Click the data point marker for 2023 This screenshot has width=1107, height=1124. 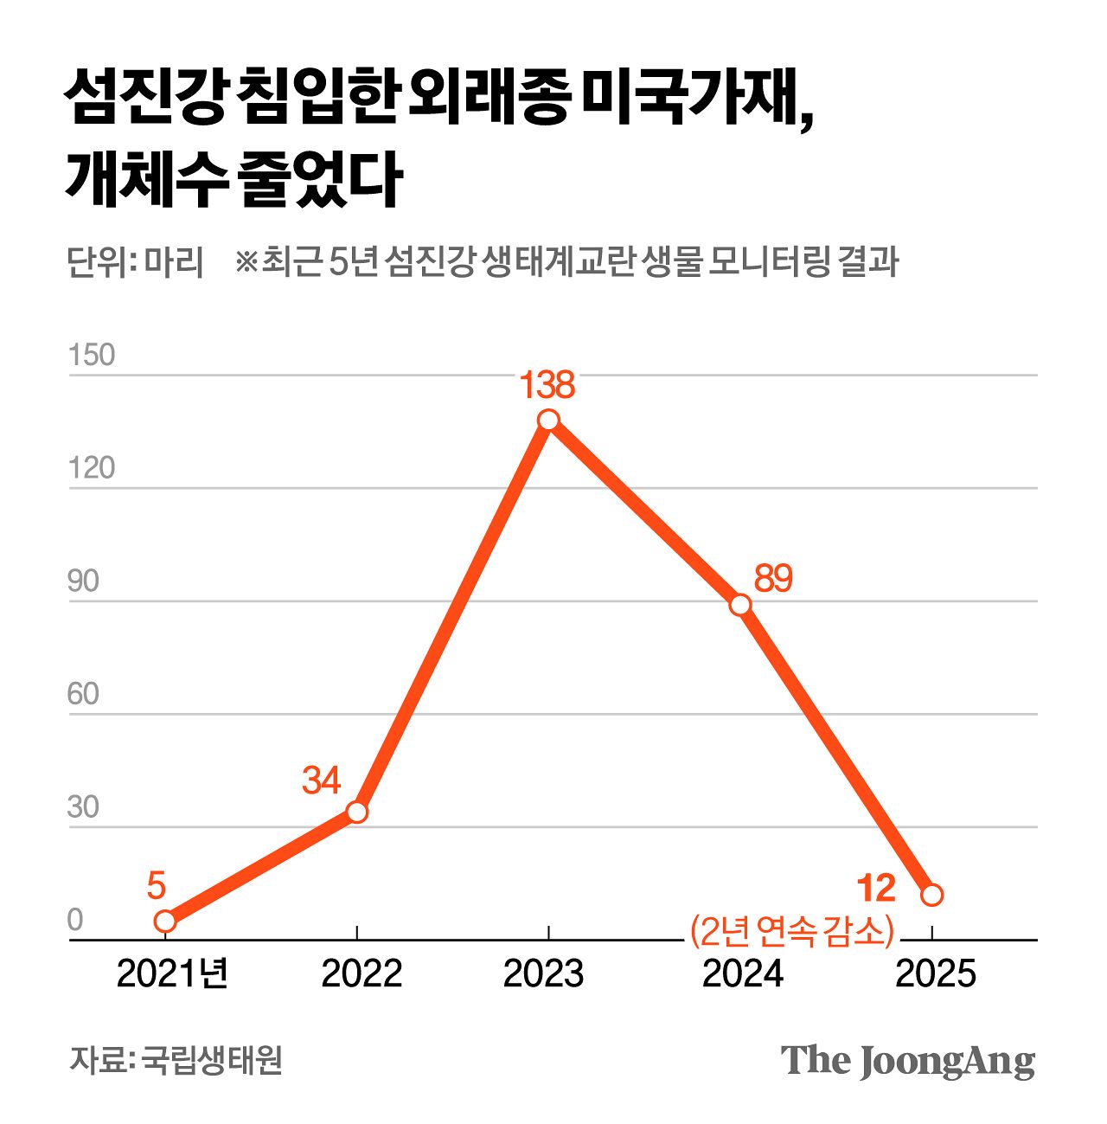click(x=548, y=421)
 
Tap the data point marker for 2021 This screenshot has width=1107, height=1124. click(x=165, y=922)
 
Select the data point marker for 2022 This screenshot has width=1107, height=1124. click(x=357, y=812)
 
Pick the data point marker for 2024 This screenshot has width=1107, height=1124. click(x=740, y=605)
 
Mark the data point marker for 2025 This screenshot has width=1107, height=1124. click(x=931, y=895)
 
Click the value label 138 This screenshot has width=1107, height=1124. click(x=547, y=385)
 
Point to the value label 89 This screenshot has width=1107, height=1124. click(x=772, y=579)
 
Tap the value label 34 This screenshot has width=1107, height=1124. click(x=321, y=780)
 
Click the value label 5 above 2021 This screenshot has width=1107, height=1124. click(x=156, y=886)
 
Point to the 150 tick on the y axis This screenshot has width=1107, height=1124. click(x=91, y=355)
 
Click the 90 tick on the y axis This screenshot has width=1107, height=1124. click(x=83, y=581)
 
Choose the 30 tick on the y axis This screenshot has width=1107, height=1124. click(x=83, y=807)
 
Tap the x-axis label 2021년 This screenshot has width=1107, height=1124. click(x=172, y=974)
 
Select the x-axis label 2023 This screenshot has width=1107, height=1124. click(x=543, y=974)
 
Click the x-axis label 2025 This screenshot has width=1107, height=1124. click(x=935, y=974)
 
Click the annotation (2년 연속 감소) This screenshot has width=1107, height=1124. click(x=790, y=930)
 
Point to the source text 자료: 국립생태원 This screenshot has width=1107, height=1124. click(x=176, y=1060)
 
